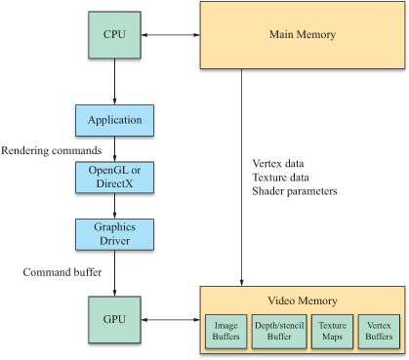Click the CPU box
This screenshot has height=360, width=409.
[115, 36]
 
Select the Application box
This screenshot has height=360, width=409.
[115, 121]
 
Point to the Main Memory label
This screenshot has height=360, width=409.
[301, 36]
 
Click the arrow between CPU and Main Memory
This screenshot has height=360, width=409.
[171, 36]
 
